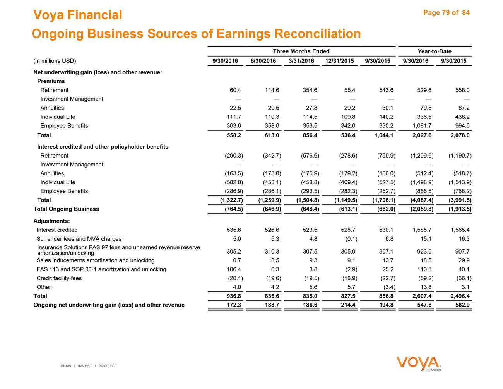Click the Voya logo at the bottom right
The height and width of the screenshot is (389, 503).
[419, 363]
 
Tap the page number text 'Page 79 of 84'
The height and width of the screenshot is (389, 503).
[446, 13]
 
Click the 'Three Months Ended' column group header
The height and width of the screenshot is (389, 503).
[301, 51]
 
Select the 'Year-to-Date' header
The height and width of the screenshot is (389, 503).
[434, 51]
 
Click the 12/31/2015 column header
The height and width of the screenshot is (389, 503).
[339, 61]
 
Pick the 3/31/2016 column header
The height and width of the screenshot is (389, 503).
[301, 61]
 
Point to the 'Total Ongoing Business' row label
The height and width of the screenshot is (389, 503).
[66, 209]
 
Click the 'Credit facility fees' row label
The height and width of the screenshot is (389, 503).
[59, 278]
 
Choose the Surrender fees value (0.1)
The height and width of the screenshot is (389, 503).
[350, 239]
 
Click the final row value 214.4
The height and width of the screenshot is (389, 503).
[348, 305]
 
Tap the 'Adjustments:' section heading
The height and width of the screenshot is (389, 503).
[51, 221]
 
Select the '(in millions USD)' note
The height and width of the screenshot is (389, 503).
[55, 61]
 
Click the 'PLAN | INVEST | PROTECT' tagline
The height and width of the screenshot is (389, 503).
[89, 366]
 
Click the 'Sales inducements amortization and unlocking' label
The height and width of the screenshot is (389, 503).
[96, 260]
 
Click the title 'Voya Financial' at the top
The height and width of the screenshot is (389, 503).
[78, 15]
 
